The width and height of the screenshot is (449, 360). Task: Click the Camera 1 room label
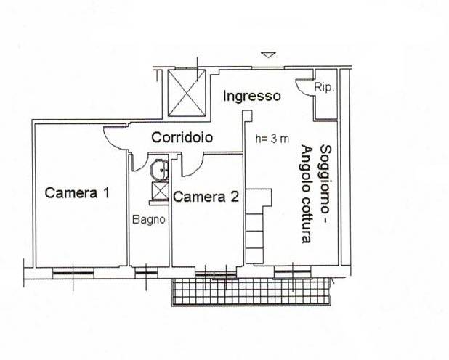[x=77, y=193]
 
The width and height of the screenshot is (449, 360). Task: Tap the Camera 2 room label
[x=206, y=196]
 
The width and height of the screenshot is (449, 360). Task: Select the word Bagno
[x=150, y=219]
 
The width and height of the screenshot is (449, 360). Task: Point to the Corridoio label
[x=182, y=137]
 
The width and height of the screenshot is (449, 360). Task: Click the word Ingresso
[x=251, y=96]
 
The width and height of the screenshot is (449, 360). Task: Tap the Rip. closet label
[x=324, y=89]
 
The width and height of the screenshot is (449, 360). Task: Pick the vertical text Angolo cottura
[x=305, y=195]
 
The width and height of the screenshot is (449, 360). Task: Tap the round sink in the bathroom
[x=159, y=168]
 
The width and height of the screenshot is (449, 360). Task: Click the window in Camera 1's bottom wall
[x=73, y=273]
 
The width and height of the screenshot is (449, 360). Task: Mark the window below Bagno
[x=146, y=273]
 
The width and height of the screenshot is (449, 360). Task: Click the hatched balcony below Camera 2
[x=251, y=292]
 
